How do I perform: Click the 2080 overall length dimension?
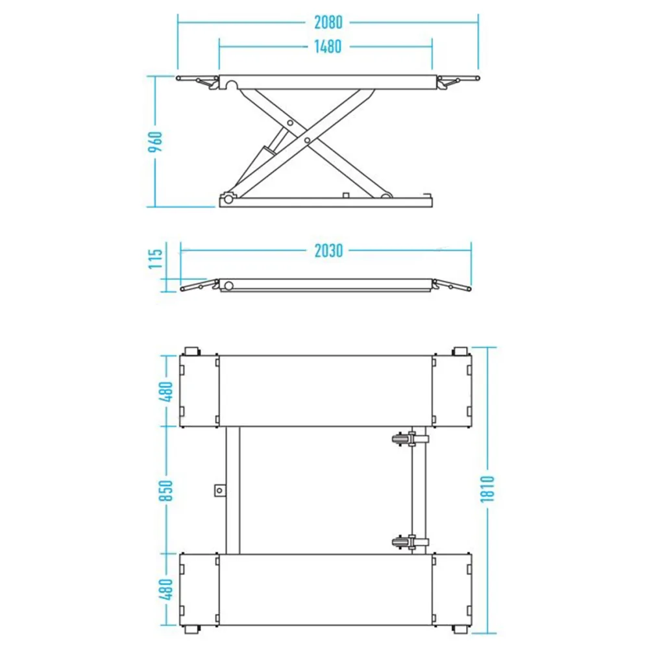(328, 22)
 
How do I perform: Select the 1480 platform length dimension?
(328, 46)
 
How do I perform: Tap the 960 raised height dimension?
(156, 141)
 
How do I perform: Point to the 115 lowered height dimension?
(156, 259)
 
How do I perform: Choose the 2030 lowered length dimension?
(328, 251)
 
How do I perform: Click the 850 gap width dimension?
(166, 491)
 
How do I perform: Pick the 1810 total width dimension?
(487, 489)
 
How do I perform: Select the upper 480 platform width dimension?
(166, 391)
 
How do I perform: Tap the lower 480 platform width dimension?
(166, 589)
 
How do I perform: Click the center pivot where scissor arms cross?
(307, 141)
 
